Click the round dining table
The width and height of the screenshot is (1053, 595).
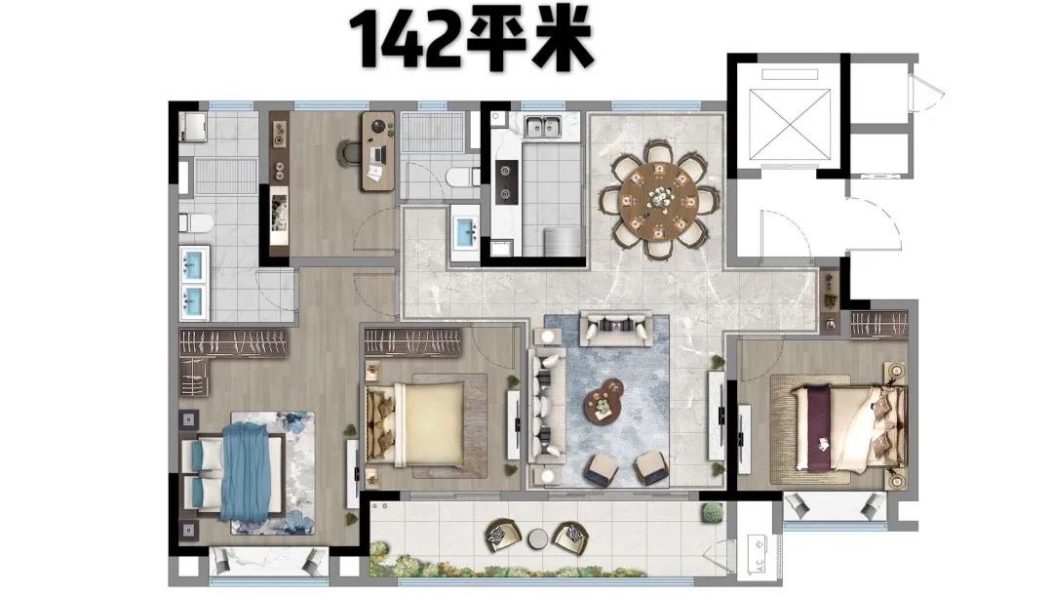[x=659, y=199]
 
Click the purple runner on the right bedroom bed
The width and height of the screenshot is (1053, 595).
[x=819, y=427]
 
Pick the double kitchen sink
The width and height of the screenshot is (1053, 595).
[x=543, y=126]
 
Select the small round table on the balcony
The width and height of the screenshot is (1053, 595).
[x=538, y=538]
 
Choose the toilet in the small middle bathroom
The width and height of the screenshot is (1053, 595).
[x=461, y=178]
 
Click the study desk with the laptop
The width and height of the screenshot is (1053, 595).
[x=378, y=151]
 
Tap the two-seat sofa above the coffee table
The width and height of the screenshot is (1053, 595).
[x=616, y=329]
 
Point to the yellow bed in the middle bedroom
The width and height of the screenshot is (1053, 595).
[x=415, y=423]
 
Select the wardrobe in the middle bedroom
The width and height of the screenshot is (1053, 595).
[x=412, y=342]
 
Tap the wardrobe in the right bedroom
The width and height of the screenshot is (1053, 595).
[x=878, y=325]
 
